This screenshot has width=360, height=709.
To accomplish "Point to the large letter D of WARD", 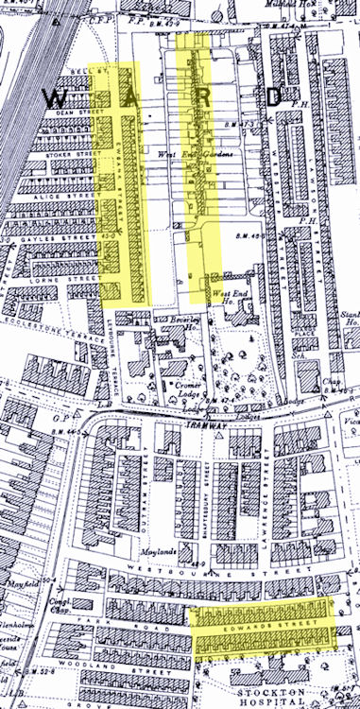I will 273,96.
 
